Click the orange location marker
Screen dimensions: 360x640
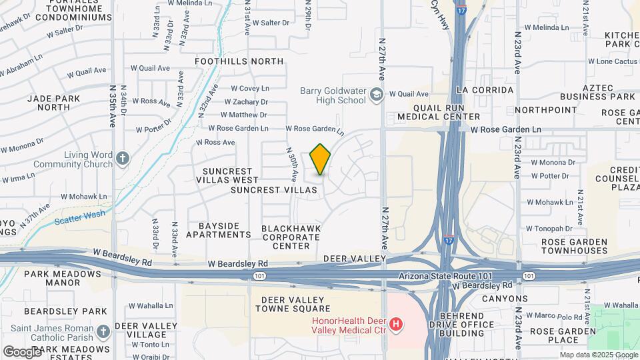point(321,159)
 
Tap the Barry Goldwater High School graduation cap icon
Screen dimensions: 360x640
point(377,94)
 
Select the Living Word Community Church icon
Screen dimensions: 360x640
point(121,158)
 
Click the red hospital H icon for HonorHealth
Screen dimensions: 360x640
point(396,325)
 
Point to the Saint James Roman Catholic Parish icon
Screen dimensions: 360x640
point(103,331)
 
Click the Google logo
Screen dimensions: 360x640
point(22,351)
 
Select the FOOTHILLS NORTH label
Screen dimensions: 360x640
point(239,61)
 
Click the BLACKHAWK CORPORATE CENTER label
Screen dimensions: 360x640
point(291,237)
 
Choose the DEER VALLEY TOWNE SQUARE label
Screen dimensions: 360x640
point(296,304)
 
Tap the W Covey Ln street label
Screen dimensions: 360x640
point(250,88)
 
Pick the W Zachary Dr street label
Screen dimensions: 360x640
point(246,102)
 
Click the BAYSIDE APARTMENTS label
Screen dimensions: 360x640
point(219,230)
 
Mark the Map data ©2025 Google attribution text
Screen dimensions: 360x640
point(597,355)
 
